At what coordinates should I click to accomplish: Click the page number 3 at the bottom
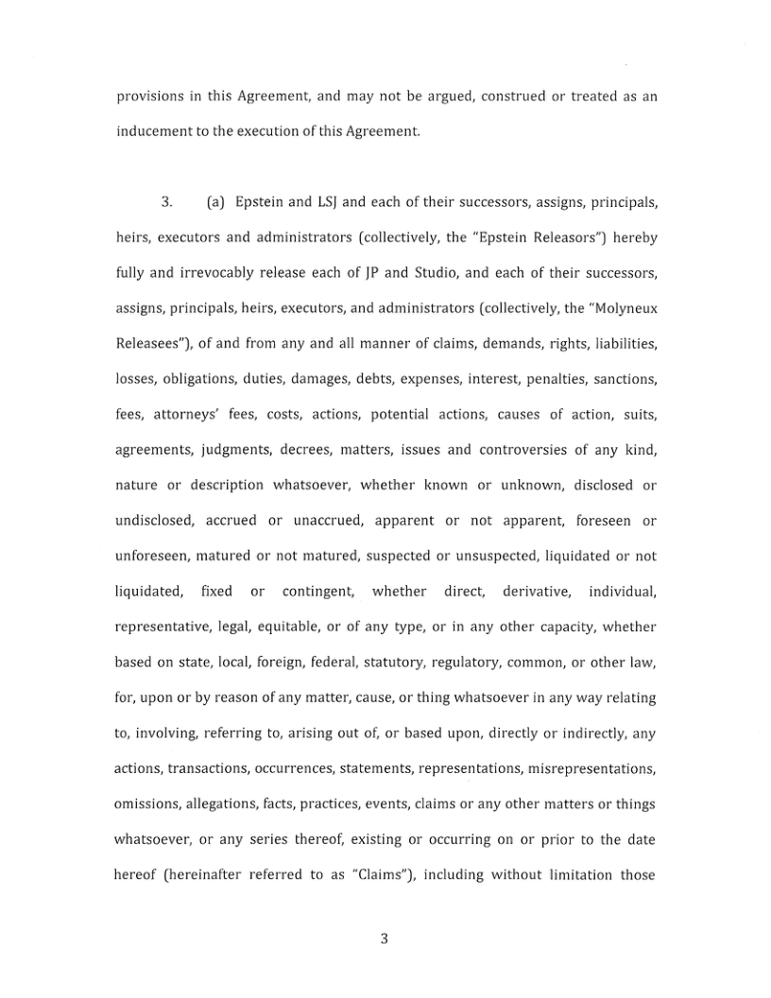tap(385, 938)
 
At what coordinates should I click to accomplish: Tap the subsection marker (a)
tap(214, 203)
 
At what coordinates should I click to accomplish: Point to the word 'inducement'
tap(155, 131)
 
